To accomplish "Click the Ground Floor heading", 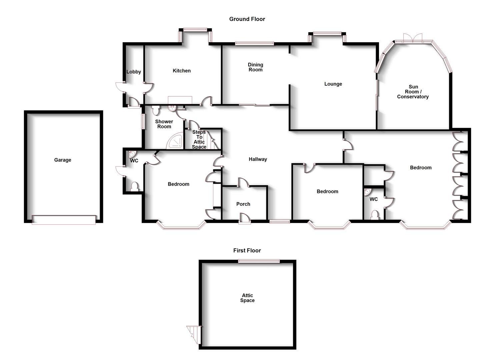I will coord(247,19).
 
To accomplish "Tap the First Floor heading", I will coord(247,250).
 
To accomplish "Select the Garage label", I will coord(63,160).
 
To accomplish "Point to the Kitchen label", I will coord(182,71).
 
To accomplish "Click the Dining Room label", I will coord(255,67).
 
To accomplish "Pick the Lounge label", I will coord(333,84).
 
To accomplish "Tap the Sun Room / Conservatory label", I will coord(413,92).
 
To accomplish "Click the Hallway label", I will coord(258,159).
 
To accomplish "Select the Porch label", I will coord(243,204).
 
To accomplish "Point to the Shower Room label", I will coord(164,124).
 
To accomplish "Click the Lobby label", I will coord(134,72).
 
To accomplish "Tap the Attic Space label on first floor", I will coord(247,298).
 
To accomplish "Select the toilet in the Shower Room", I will coord(156,110).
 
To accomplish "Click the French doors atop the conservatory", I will coord(412,39).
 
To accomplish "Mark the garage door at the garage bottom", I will coord(64,220).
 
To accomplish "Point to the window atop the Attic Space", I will coord(259,261).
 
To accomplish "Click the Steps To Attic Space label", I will coord(199,140).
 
